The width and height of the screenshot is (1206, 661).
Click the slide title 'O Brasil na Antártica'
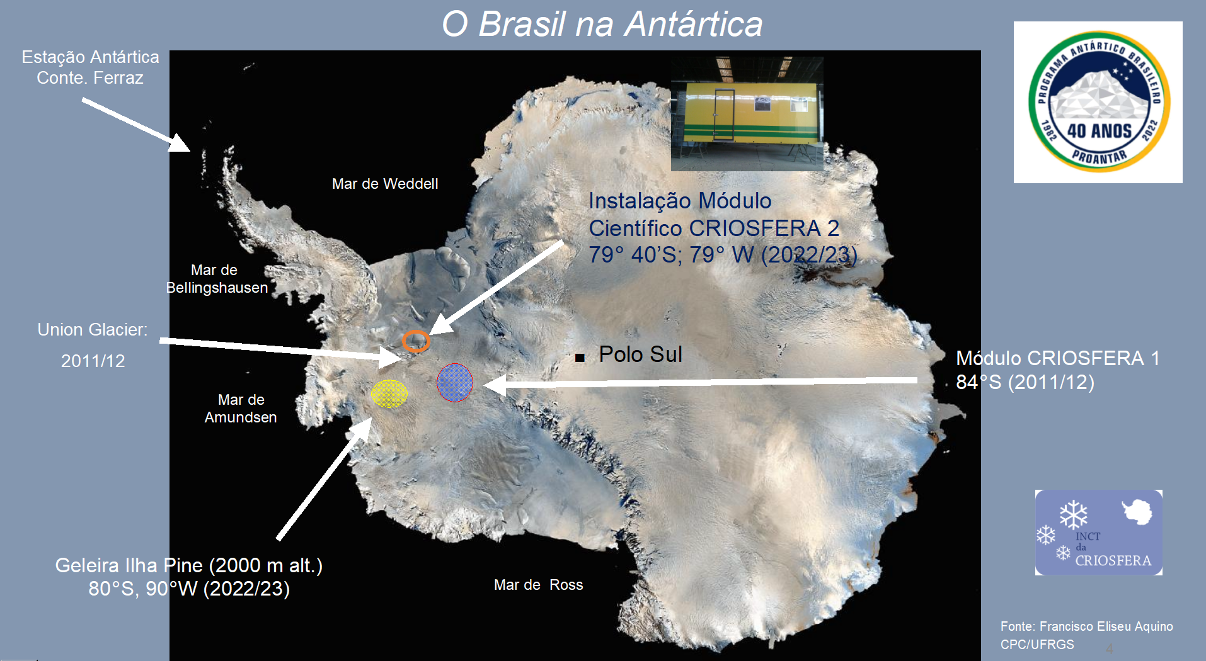pyautogui.click(x=602, y=25)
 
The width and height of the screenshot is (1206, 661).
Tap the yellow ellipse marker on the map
pyautogui.click(x=389, y=393)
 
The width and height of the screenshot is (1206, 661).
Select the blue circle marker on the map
pyautogui.click(x=455, y=382)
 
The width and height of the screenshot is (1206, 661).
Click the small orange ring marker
pyautogui.click(x=416, y=341)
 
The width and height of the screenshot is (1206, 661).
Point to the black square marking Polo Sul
pyautogui.click(x=580, y=358)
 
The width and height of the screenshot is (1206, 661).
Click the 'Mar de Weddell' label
pyautogui.click(x=385, y=184)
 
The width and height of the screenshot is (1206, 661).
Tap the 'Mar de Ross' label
pyautogui.click(x=539, y=585)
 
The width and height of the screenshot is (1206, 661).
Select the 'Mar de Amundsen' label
pyautogui.click(x=241, y=409)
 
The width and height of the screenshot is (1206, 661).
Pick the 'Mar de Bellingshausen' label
pyautogui.click(x=217, y=279)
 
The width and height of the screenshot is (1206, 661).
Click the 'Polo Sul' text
pyautogui.click(x=640, y=354)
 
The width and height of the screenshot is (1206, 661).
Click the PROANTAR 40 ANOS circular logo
pyautogui.click(x=1099, y=102)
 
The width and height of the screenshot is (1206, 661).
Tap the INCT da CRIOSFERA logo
pyautogui.click(x=1099, y=533)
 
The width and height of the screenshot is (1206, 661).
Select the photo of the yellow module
pyautogui.click(x=747, y=114)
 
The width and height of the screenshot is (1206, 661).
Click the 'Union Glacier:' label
pyautogui.click(x=93, y=330)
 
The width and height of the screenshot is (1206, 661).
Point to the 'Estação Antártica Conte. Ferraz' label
pyautogui.click(x=90, y=67)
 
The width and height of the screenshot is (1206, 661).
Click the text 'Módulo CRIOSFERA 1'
pyautogui.click(x=1058, y=358)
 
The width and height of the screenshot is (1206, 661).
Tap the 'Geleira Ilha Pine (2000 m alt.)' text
pyautogui.click(x=189, y=565)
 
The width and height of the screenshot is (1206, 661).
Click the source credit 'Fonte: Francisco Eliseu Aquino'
pyautogui.click(x=1087, y=626)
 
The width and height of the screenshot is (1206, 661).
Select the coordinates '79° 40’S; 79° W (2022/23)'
pyautogui.click(x=723, y=255)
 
